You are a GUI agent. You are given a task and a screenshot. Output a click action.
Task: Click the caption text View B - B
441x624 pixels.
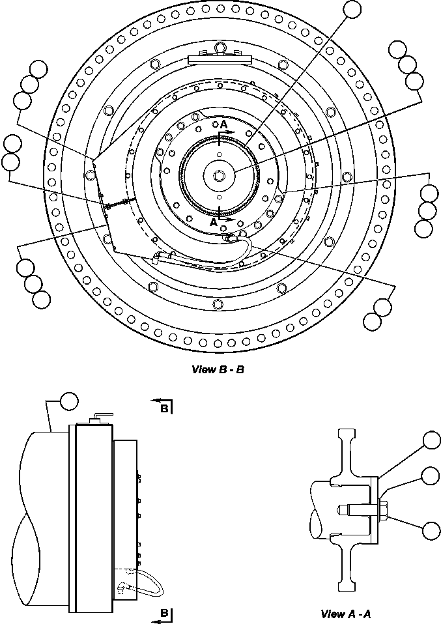[218, 370]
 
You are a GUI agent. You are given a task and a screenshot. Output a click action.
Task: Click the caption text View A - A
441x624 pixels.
[346, 614]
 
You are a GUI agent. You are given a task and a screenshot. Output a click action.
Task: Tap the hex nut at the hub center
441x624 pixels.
[219, 175]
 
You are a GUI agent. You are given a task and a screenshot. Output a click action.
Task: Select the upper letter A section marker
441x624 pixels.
[223, 124]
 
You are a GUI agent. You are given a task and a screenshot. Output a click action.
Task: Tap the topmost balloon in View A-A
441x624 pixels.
[432, 441]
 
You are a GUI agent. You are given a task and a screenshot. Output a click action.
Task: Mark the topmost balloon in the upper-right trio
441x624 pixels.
[397, 50]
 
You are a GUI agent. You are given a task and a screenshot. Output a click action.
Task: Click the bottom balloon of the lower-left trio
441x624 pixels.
[40, 299]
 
